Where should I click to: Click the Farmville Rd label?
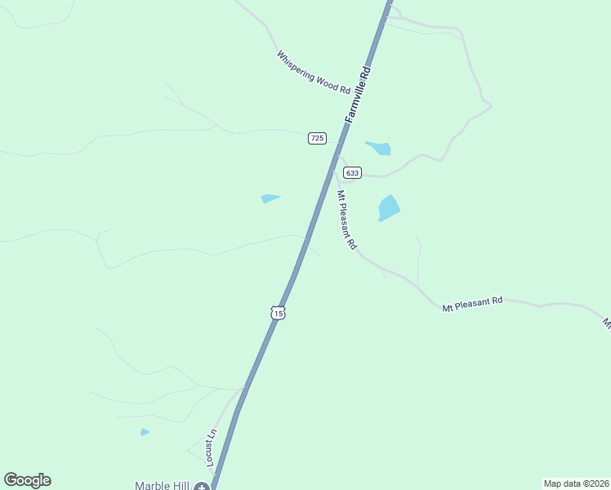[x=359, y=95]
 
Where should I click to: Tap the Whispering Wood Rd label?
[x=313, y=72]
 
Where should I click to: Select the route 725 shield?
[x=317, y=138]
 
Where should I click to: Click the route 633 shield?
[x=352, y=172]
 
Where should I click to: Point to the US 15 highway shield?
[x=279, y=313]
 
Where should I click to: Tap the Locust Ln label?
[x=212, y=447]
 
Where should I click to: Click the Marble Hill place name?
[x=162, y=486]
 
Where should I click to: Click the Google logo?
[x=27, y=480]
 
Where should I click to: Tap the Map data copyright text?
[x=576, y=483]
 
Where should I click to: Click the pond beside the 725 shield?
[x=379, y=148]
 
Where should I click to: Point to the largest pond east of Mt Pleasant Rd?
[x=389, y=207]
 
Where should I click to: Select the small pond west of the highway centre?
[x=270, y=198]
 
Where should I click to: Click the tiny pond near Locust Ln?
[x=145, y=432]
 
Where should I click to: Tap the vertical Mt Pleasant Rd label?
[x=347, y=220]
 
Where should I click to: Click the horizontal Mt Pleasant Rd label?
[x=472, y=304]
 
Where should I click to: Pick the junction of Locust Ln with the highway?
[x=243, y=389]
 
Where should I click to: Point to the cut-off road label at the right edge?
[x=607, y=323]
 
